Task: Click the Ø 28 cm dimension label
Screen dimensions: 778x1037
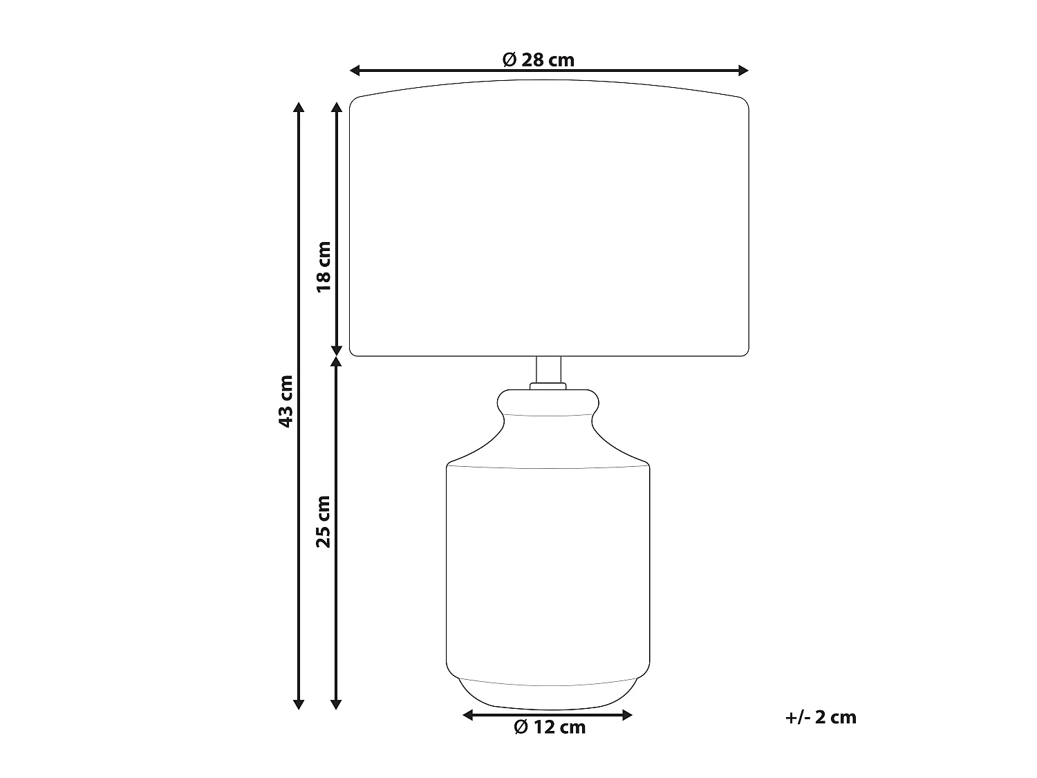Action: click(x=538, y=59)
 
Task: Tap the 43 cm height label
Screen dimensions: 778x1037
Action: click(x=286, y=401)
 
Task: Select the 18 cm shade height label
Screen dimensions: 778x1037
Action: click(x=324, y=266)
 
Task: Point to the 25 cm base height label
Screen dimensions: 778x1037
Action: click(x=324, y=521)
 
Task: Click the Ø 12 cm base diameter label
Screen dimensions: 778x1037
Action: click(x=550, y=728)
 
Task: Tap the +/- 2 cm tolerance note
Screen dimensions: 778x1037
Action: click(x=821, y=717)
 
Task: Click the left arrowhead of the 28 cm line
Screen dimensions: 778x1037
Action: click(x=355, y=70)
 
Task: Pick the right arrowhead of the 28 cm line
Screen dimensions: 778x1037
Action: click(x=744, y=70)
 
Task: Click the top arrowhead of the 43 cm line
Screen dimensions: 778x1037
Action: click(x=299, y=107)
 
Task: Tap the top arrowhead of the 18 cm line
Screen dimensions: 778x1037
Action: click(x=337, y=107)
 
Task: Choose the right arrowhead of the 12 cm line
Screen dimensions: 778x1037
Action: click(x=628, y=715)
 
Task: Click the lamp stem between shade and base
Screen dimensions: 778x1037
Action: click(x=548, y=370)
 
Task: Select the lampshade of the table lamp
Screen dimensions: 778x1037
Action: click(x=549, y=221)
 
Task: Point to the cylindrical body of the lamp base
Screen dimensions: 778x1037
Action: click(x=548, y=567)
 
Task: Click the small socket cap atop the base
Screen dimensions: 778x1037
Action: click(x=548, y=386)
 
